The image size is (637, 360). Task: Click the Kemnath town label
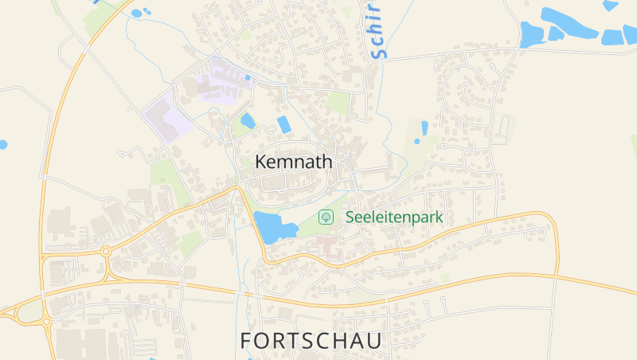[x=294, y=161]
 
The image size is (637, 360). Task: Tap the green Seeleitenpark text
[x=393, y=217]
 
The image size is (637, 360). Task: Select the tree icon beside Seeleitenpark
[x=326, y=217]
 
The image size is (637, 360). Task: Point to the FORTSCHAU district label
[x=311, y=341]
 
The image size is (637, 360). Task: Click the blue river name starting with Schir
[x=377, y=30]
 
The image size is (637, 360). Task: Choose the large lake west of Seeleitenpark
[x=272, y=227]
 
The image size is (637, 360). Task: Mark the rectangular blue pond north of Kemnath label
[x=283, y=124]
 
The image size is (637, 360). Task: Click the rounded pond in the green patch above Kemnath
[x=248, y=121]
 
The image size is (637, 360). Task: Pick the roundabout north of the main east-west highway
[x=105, y=252]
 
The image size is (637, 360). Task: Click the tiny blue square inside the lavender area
[x=248, y=77]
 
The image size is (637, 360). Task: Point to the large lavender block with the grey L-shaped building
[x=167, y=116]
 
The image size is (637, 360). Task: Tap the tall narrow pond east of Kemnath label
[x=424, y=127]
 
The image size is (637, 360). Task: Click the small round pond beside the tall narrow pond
[x=416, y=142]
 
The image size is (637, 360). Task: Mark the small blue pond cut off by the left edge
[x=2, y=145]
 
